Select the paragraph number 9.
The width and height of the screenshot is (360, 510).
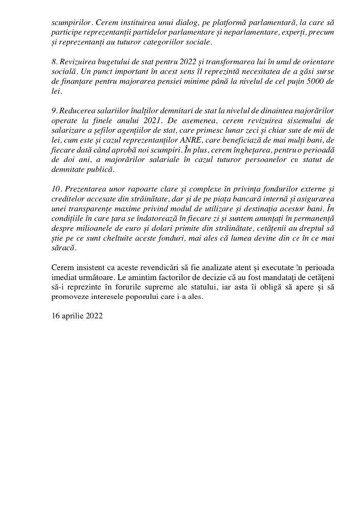point(54,111)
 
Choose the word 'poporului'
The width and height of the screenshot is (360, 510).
point(167,297)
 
